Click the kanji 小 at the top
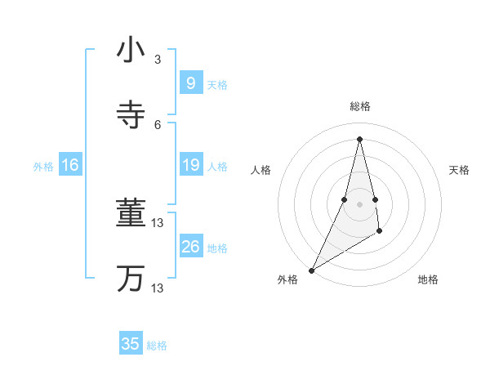pos(131,50)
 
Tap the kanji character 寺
pos(131,114)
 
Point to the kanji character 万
pos(131,279)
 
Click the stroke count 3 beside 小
pos(158,60)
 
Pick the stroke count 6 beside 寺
pos(158,124)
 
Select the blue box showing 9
pos(190,83)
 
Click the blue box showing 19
pos(190,166)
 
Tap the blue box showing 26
pos(190,247)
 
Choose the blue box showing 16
pos(70,166)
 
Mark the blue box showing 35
pos(131,344)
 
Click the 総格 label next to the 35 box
pos(157,346)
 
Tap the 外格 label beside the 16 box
pos(43,167)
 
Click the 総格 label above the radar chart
pos(359,106)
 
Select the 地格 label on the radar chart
pos(428,280)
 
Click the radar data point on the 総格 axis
pos(359,138)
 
